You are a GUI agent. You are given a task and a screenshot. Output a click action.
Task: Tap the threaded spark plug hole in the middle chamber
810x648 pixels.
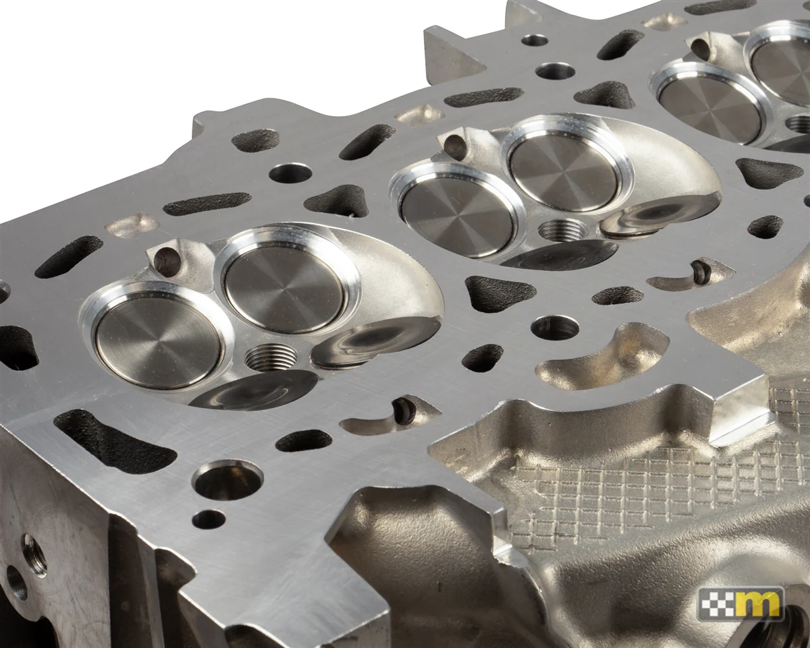563,229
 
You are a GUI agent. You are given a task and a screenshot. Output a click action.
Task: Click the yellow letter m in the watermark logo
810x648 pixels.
761,604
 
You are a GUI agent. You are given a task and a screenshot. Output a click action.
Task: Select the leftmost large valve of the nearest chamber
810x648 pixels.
157,341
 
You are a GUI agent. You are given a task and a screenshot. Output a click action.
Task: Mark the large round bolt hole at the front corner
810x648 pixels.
227,481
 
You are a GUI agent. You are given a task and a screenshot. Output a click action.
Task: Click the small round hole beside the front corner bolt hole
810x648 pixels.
209,519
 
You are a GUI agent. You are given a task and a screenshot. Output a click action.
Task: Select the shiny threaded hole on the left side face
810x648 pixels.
34,554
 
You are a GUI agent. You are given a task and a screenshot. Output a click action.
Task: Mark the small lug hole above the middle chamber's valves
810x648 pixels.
454,146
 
